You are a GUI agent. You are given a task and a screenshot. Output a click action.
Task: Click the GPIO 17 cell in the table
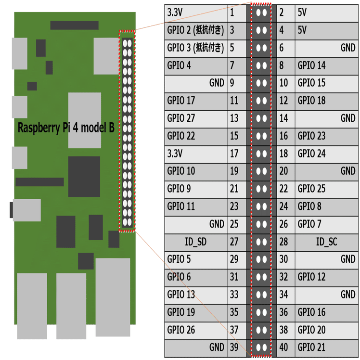point(181,101)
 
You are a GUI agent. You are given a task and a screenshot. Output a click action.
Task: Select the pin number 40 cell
point(283,347)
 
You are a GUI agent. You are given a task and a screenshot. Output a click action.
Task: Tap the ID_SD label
point(195,242)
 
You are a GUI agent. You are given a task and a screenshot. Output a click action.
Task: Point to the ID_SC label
point(326,242)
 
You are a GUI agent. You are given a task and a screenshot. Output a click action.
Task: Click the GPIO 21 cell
point(311,347)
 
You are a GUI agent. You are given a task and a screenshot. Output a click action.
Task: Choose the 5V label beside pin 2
point(302,13)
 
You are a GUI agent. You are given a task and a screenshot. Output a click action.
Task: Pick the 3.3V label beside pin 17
point(176,154)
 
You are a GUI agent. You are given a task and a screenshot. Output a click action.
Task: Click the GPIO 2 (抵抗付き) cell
point(195,30)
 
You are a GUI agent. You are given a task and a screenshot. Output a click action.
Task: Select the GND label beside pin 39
point(217,347)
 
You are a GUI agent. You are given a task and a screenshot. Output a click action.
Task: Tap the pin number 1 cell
point(232,13)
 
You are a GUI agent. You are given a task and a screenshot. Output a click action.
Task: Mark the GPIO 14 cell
point(311,65)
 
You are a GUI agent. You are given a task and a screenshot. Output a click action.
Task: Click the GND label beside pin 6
point(347,48)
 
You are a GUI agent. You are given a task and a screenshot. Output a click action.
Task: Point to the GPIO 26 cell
point(181,330)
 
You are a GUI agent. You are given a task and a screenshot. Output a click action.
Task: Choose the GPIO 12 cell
point(311,277)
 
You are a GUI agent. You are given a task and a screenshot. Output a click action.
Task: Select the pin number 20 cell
point(283,171)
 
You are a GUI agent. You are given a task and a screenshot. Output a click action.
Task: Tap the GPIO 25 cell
point(311,189)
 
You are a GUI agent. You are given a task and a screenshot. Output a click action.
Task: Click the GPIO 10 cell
point(181,171)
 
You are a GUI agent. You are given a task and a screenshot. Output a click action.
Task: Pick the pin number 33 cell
point(234,295)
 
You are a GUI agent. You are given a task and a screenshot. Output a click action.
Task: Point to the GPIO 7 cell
point(309,224)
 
